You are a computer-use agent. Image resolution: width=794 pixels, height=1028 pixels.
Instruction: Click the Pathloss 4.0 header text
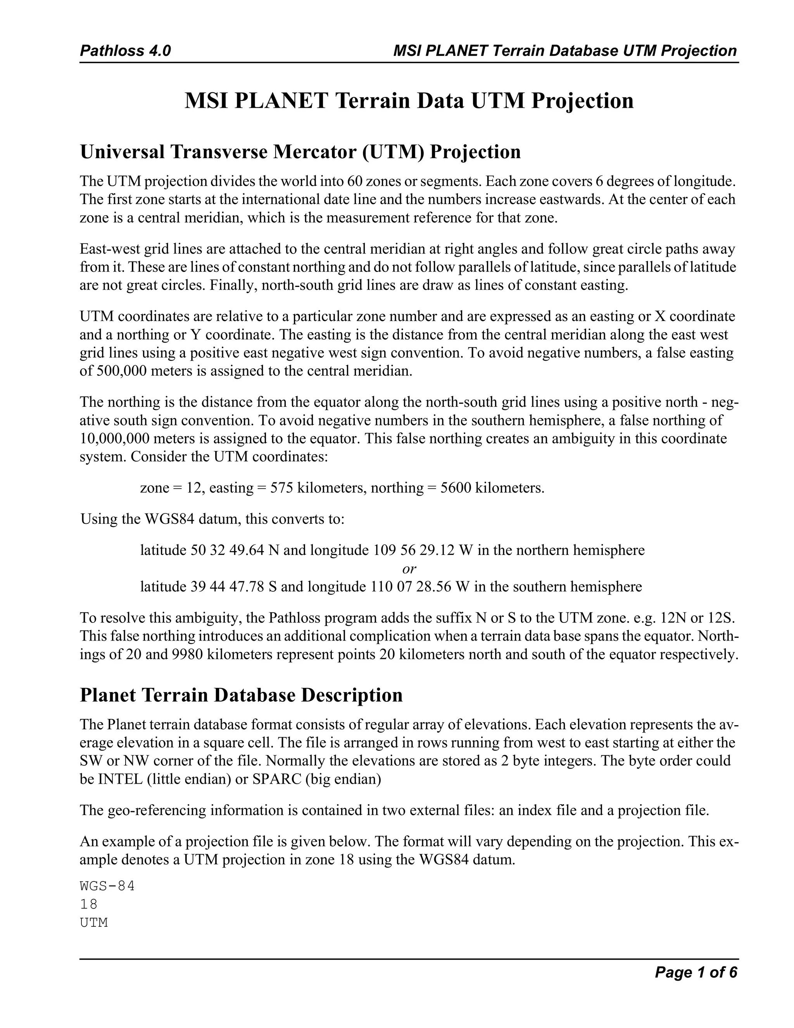(x=125, y=51)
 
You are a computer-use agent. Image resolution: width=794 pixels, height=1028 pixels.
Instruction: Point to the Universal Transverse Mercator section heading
(x=300, y=152)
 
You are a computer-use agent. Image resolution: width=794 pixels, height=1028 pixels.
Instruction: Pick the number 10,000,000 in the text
(x=114, y=439)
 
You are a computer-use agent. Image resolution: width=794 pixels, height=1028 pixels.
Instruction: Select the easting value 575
(x=282, y=488)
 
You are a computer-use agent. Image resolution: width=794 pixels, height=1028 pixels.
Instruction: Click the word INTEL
(x=120, y=779)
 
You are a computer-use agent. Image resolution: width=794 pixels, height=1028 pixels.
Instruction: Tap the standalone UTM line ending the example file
(x=94, y=923)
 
